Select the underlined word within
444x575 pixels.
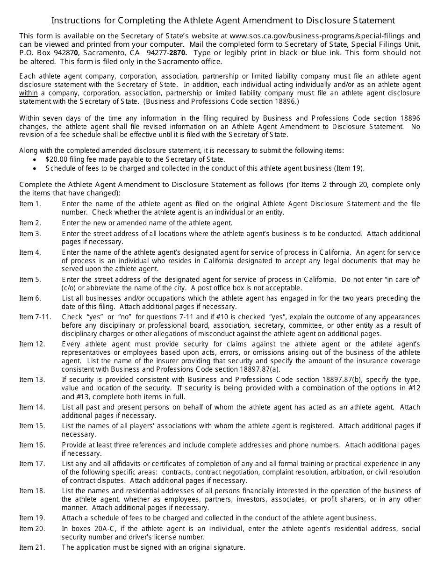[x=28, y=93]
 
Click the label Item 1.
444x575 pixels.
[x=30, y=204]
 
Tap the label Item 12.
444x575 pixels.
[x=32, y=344]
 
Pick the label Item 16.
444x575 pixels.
[x=32, y=445]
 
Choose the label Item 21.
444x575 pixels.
[x=32, y=547]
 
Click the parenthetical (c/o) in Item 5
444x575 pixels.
[x=71, y=288]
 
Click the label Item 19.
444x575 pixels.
[x=32, y=518]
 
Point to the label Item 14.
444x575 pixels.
[x=32, y=407]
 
